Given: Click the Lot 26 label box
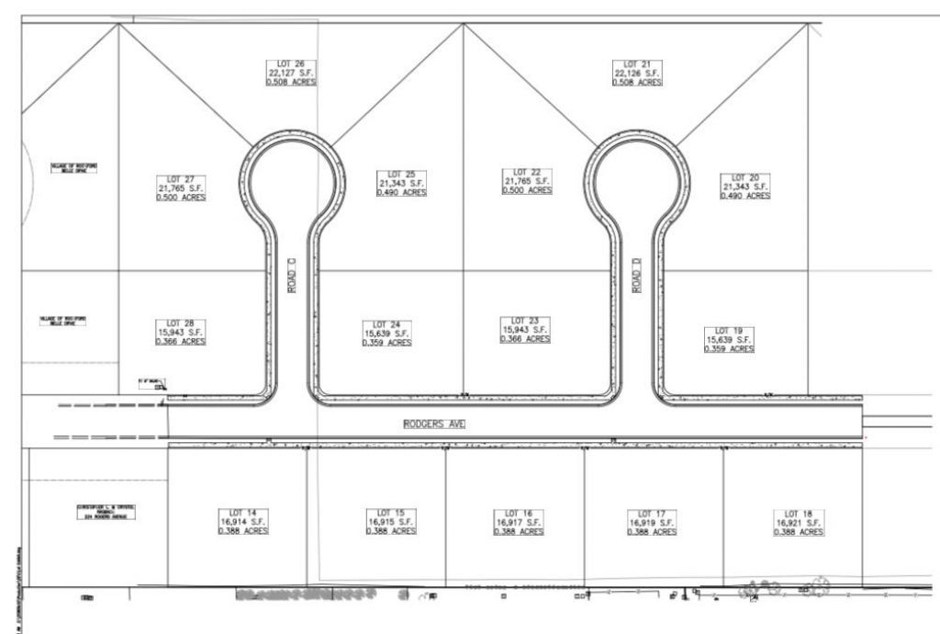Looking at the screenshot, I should pos(291,73).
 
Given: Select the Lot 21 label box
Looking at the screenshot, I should pos(638,73).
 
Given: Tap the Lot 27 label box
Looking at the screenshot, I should pos(181,187).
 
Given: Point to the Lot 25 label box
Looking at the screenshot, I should pos(402,183).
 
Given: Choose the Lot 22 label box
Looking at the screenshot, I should pos(527,181).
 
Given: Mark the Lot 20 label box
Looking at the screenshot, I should pos(745,186).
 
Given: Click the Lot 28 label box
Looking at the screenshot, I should pos(181,332).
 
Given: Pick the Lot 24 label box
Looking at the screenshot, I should pos(387,334).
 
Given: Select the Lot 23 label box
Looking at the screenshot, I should pos(525,330).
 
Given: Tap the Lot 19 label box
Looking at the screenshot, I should pos(730,339).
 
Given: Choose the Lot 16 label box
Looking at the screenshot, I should pos(520,522).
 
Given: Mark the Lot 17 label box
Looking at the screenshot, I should pos(652,522).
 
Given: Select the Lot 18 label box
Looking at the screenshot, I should pos(800,522).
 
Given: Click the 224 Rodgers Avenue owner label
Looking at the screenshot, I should pos(106,511).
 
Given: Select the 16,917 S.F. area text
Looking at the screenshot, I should pos(520,522).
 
